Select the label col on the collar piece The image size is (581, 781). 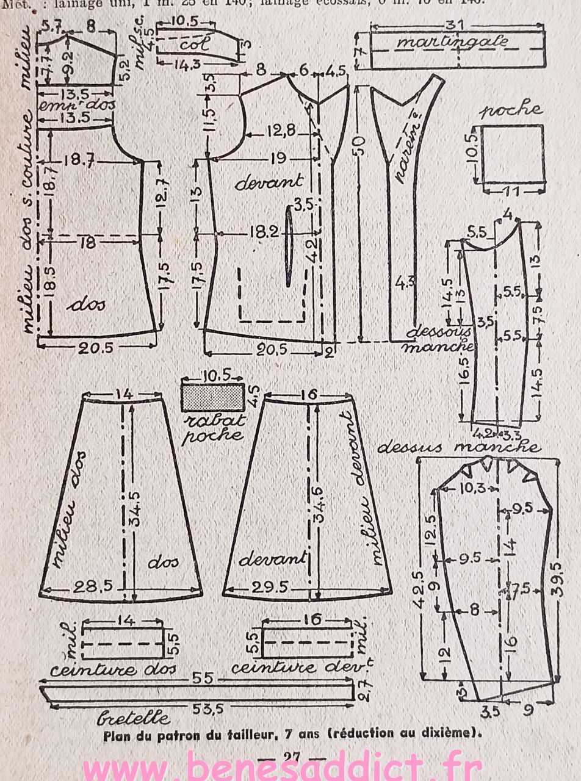tap(195, 44)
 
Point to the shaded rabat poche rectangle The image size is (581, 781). tap(212, 398)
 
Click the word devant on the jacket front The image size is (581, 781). tap(269, 181)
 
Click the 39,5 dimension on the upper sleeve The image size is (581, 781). tap(560, 574)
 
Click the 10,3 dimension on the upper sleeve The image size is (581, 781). tap(470, 487)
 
